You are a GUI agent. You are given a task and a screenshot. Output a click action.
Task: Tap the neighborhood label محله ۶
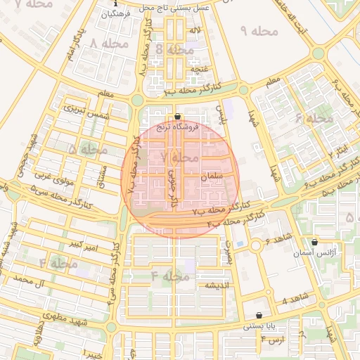click(314, 118)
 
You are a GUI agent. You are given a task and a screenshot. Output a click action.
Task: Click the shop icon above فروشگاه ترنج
click(177, 117)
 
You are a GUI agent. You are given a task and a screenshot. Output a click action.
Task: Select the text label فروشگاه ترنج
click(177, 127)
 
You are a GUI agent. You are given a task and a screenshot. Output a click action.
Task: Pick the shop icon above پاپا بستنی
click(261, 316)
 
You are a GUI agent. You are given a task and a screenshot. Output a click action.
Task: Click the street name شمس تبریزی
click(84, 110)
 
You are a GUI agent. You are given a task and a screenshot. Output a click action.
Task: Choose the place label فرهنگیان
click(116, 13)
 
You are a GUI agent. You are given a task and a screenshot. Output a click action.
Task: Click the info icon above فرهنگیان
click(116, 4)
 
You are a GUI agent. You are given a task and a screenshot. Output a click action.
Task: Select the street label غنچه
click(200, 69)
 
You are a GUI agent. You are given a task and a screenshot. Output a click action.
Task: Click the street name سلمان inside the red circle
click(211, 176)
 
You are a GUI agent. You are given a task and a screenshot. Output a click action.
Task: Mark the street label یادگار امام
click(79, 43)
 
